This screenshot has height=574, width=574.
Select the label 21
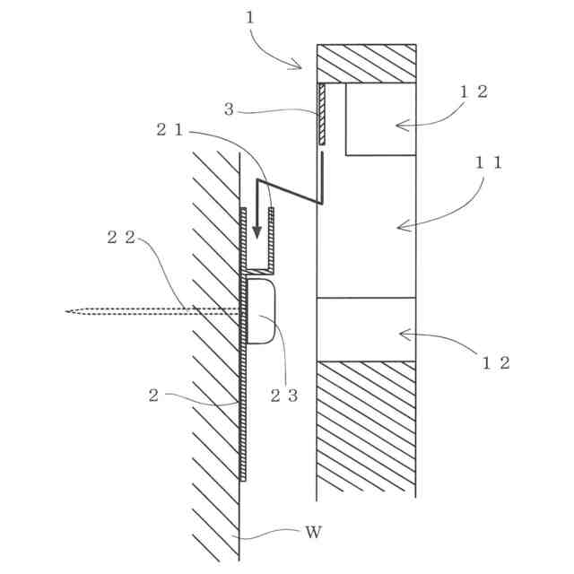pos(170,129)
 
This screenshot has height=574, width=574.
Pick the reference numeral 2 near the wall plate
pos(153,396)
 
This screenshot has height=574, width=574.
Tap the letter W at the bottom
pos(312,532)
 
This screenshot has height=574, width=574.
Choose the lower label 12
pos(496,362)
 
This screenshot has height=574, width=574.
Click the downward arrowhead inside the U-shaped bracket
pos(257,231)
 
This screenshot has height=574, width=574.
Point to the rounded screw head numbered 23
pos(261,311)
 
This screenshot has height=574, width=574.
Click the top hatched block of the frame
pos(366,63)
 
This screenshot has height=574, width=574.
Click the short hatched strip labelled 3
pos(320,114)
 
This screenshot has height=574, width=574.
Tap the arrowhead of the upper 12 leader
pos(400,125)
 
